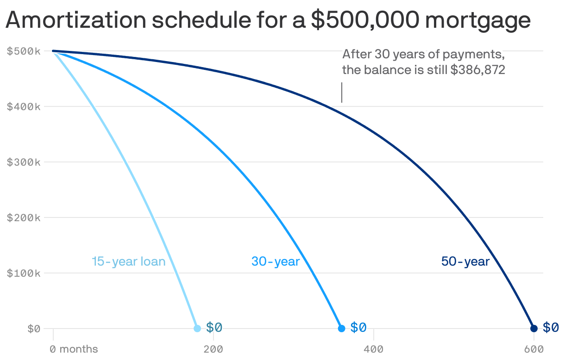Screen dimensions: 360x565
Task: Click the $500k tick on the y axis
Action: click(x=24, y=51)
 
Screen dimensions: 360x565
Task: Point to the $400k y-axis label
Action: click(x=24, y=106)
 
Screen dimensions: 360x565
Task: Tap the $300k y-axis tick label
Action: click(x=24, y=162)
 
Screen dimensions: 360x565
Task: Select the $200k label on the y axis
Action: click(x=24, y=217)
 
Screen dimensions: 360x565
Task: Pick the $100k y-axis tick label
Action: click(x=24, y=273)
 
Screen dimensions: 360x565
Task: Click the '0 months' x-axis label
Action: click(x=74, y=349)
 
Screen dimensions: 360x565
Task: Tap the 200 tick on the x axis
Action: click(x=213, y=349)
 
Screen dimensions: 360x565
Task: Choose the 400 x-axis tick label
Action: click(x=374, y=349)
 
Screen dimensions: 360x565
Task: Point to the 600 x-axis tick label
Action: click(x=534, y=349)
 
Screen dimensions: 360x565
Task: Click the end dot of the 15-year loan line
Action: click(x=197, y=329)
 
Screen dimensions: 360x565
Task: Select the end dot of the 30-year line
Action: click(x=341, y=329)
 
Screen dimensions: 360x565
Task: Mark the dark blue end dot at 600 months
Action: click(x=534, y=329)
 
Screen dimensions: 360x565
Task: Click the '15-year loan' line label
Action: click(x=128, y=261)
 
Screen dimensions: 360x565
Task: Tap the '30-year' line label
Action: click(x=276, y=261)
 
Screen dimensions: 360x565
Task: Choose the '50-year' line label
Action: click(x=465, y=261)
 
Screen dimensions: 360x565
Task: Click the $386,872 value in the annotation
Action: click(x=477, y=70)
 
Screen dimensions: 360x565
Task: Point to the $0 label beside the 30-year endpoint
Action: click(x=358, y=328)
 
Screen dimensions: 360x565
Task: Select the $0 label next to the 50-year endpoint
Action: click(x=551, y=328)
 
